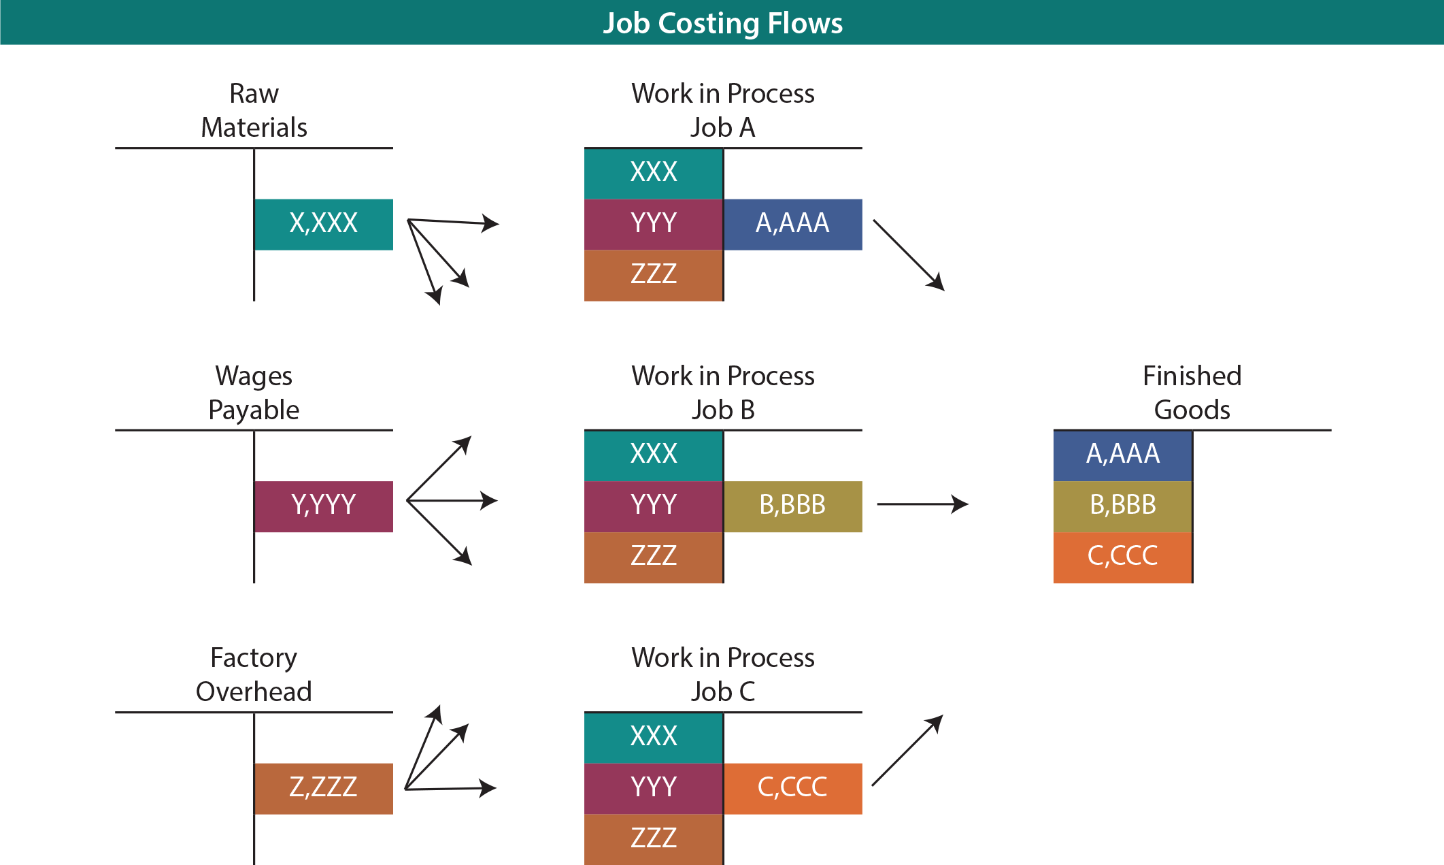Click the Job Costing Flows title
coord(722,23)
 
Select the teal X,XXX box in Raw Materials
coord(324,224)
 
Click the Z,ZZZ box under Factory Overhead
coord(324,788)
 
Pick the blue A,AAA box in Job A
coord(793,224)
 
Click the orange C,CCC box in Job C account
coord(793,788)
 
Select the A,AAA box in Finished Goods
coord(1122,455)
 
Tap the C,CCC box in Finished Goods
coord(1122,557)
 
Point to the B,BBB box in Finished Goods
coord(1122,506)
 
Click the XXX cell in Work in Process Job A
coord(653,173)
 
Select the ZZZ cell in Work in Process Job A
coord(653,275)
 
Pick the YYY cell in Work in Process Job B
coord(653,506)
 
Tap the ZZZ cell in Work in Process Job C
coord(653,838)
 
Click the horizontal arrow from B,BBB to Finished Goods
coord(922,504)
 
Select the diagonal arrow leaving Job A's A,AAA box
coord(909,255)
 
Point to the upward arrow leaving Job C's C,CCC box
coord(907,750)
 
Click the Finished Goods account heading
coord(1192,393)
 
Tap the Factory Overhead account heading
coord(254,674)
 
